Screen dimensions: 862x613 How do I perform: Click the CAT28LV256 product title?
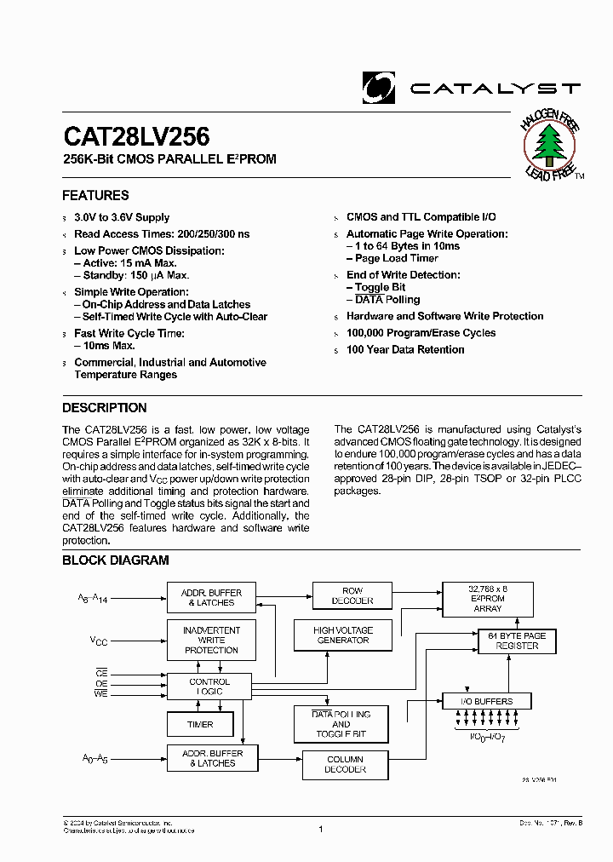click(x=136, y=136)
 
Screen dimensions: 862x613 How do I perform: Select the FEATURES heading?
click(x=95, y=195)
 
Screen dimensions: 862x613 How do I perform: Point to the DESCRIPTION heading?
click(x=104, y=408)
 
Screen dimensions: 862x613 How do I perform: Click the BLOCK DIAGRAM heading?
click(x=115, y=560)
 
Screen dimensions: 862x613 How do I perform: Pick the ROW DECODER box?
click(x=352, y=595)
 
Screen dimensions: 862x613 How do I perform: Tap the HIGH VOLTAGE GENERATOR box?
click(x=343, y=635)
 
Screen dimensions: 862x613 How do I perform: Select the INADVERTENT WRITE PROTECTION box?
click(x=211, y=641)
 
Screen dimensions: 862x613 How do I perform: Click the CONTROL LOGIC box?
click(x=209, y=687)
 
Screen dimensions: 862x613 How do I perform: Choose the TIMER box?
click(x=200, y=725)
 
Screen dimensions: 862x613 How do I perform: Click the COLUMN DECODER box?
click(x=345, y=764)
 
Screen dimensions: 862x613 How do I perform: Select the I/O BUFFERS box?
click(x=486, y=701)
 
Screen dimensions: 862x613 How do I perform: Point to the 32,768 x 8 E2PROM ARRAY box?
click(x=487, y=599)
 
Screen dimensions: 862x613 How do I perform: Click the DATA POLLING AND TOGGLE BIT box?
click(x=341, y=724)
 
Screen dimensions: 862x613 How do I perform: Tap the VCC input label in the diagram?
click(x=100, y=640)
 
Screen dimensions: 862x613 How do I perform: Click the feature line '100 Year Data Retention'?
click(x=405, y=350)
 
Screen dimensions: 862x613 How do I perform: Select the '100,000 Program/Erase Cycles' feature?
click(x=421, y=333)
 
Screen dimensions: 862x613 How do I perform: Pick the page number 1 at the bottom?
click(x=321, y=828)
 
